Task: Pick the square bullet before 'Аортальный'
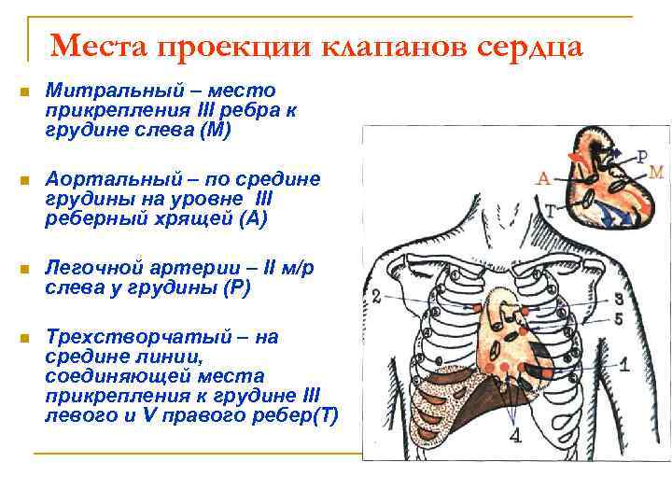click(24, 179)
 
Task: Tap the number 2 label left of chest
click(375, 296)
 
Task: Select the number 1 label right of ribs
click(624, 362)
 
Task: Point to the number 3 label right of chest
click(619, 299)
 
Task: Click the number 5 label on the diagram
click(619, 318)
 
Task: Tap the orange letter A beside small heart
click(543, 177)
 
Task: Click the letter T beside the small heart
click(550, 211)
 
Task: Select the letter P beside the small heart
click(642, 156)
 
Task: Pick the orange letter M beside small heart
click(655, 172)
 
